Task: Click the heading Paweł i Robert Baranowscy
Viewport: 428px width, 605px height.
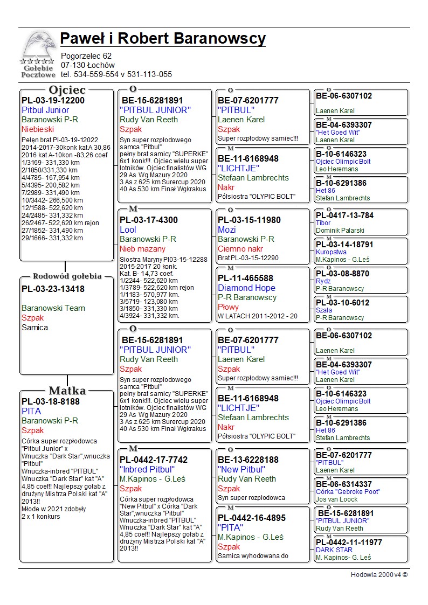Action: coord(163,39)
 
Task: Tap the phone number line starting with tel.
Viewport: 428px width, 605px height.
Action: coord(116,74)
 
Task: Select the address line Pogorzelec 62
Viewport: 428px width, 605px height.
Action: coord(86,56)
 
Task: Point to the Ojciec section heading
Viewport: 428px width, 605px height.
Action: coord(67,90)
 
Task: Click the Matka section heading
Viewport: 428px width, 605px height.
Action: coord(67,391)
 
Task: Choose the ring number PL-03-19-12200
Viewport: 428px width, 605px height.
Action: coord(53,100)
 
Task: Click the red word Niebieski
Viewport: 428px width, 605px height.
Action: coord(38,129)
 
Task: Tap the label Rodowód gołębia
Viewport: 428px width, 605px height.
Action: coord(67,276)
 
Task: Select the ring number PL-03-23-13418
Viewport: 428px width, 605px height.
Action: coord(53,289)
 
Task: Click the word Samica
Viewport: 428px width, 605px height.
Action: coord(34,328)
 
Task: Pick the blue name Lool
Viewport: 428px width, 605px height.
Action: coord(128,230)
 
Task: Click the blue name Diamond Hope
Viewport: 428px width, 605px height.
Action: coord(246,288)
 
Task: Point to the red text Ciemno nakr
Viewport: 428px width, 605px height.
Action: coord(240,249)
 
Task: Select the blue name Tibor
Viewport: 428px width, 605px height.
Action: coord(323,223)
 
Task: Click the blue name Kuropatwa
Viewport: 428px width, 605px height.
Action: coord(331,252)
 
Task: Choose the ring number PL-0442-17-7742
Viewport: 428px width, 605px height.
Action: coord(154,460)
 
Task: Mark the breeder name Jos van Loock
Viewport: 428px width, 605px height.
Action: coord(336,499)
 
